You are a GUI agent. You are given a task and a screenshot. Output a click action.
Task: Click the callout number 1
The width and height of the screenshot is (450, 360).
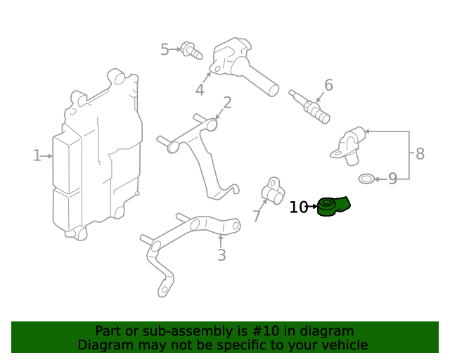point(37,155)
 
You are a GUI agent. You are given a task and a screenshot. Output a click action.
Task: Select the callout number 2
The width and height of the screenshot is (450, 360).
point(227,103)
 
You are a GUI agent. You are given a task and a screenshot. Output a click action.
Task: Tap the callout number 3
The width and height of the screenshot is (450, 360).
point(221,255)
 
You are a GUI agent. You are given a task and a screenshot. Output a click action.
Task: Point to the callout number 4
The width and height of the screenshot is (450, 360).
point(200,90)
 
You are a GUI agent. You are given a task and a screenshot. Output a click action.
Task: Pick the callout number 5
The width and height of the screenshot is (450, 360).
point(165,50)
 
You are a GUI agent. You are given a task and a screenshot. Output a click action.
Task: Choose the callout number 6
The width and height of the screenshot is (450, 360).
point(328,86)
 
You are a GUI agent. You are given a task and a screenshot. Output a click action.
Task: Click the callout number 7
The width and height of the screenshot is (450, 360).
point(257,216)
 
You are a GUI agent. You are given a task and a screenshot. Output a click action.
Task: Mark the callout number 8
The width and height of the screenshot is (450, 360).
point(420,154)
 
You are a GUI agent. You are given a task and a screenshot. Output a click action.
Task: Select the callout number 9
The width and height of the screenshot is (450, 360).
point(392,179)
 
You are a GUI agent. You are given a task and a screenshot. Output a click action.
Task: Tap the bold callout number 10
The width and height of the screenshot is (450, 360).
point(298,207)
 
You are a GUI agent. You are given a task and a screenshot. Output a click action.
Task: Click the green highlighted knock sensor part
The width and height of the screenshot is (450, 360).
point(333,207)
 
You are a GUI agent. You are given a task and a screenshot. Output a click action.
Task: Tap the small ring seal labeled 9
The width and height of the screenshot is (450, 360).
point(366,179)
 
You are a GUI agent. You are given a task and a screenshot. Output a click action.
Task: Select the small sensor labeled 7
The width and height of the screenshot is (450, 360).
point(271,190)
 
